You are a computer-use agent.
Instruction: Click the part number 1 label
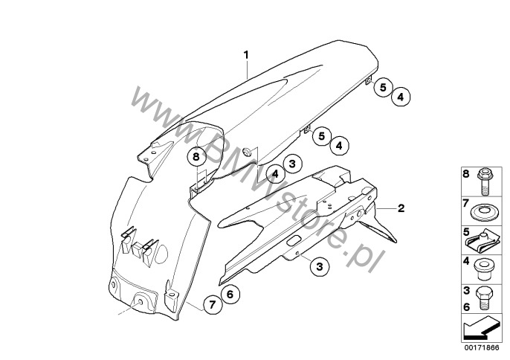(x=246, y=55)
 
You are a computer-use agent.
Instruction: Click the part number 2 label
(x=401, y=208)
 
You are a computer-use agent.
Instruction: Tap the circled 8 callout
(x=196, y=157)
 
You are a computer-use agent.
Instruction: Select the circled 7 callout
(x=213, y=305)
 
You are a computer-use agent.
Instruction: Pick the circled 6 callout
(x=230, y=295)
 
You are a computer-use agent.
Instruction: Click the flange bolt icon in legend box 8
(x=485, y=181)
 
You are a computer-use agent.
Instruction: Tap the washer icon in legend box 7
(x=482, y=212)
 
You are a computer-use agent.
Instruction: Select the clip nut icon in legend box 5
(x=482, y=242)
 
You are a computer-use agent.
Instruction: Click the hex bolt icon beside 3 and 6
(x=484, y=298)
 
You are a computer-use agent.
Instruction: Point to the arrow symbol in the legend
(x=480, y=328)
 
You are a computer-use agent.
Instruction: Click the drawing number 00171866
(x=482, y=347)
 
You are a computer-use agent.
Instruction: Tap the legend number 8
(x=466, y=174)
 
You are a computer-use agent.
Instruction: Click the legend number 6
(x=466, y=307)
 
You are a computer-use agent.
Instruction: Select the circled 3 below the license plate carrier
(x=320, y=266)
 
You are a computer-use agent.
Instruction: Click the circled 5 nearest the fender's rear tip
(x=383, y=87)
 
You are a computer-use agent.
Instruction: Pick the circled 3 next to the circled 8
(x=292, y=164)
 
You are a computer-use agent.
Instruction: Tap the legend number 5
(x=466, y=232)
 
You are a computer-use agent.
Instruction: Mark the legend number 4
(x=466, y=261)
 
